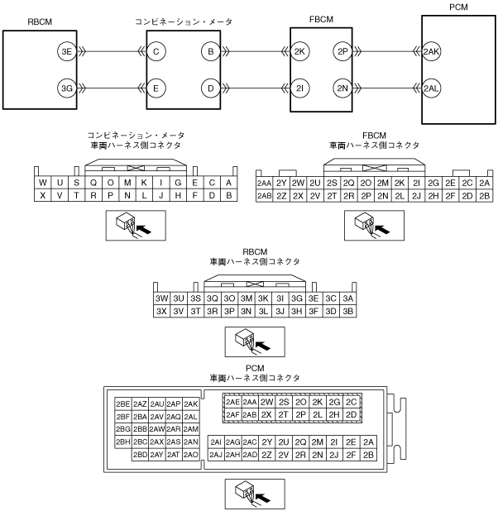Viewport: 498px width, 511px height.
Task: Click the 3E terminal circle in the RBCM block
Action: (66, 52)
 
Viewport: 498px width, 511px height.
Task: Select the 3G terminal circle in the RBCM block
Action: (66, 88)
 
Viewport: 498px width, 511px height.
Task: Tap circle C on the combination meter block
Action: (156, 52)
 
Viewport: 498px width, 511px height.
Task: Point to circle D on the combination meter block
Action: (211, 88)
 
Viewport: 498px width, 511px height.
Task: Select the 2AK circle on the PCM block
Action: (432, 52)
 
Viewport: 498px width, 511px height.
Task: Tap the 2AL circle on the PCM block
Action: (432, 88)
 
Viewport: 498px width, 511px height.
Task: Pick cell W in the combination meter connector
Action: (41, 183)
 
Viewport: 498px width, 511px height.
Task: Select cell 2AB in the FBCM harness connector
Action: (265, 195)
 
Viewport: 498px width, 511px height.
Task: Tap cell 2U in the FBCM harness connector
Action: (315, 183)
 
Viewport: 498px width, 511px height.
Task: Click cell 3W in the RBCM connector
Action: (162, 298)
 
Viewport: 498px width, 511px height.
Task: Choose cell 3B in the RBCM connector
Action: (348, 311)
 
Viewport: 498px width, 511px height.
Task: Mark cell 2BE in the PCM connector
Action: (124, 404)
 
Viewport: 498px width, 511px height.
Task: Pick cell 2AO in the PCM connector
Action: (190, 454)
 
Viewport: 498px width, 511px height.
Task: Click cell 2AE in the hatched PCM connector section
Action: (232, 402)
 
